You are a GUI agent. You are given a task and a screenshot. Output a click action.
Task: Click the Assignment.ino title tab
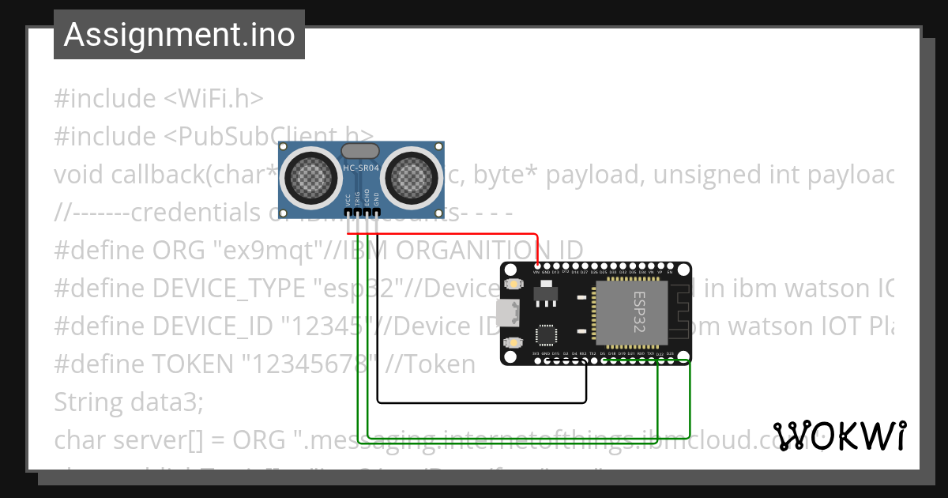[x=179, y=35]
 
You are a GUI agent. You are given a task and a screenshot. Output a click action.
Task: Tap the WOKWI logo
[x=839, y=436]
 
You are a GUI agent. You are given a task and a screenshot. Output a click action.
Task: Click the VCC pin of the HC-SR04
[x=349, y=213]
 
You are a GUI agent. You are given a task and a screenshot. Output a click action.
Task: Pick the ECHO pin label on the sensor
[x=367, y=198]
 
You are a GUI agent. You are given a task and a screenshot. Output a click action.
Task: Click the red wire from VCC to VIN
[x=442, y=235]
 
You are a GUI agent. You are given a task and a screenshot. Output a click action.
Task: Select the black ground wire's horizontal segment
[x=482, y=402]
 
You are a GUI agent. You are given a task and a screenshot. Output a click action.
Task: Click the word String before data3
[x=85, y=402]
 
